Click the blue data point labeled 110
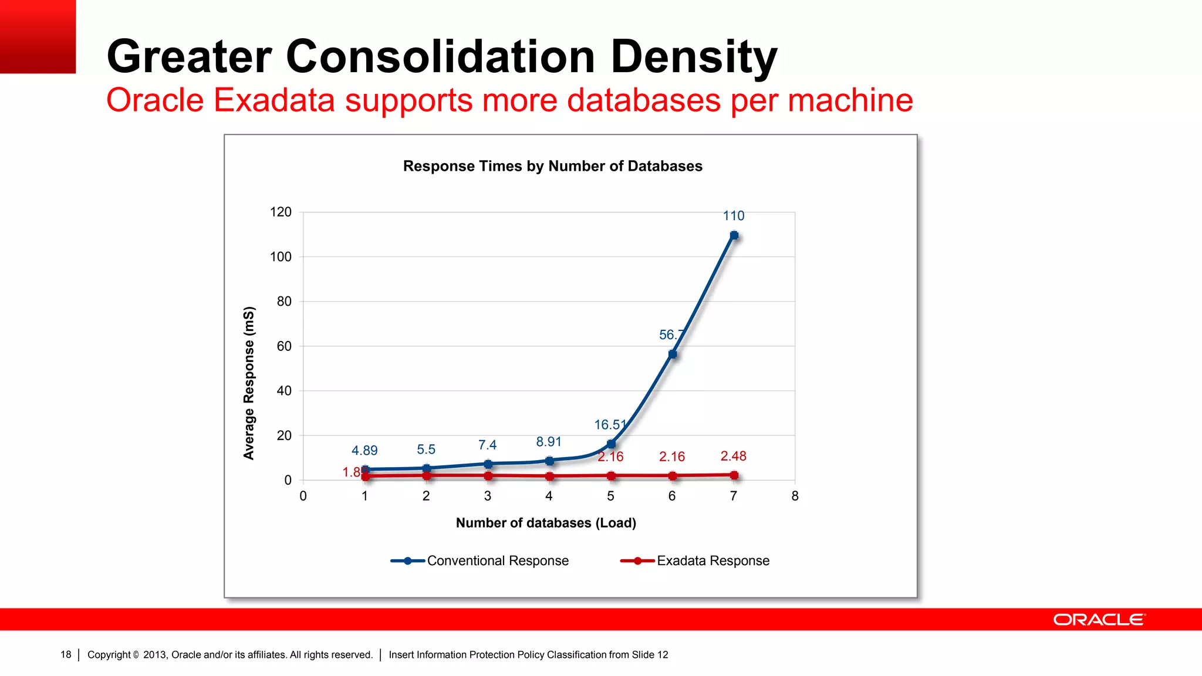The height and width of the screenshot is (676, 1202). (734, 235)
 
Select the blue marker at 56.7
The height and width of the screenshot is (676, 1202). (673, 354)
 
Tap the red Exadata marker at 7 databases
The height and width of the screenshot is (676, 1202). (734, 475)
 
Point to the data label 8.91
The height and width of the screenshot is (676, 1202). (549, 442)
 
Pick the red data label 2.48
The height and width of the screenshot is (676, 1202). (734, 456)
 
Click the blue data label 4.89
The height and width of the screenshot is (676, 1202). (364, 450)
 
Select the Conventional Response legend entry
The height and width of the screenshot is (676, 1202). (480, 561)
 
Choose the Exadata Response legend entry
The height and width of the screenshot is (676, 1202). (695, 561)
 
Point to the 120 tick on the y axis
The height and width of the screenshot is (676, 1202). (281, 212)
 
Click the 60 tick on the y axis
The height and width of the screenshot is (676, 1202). (284, 346)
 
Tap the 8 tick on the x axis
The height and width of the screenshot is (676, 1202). (795, 496)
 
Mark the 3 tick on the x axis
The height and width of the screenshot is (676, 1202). (488, 496)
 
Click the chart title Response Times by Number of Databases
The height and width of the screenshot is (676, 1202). (552, 166)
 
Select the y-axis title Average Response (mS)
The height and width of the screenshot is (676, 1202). (249, 383)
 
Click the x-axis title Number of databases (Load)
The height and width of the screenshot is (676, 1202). (546, 523)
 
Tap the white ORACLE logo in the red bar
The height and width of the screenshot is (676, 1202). (1099, 620)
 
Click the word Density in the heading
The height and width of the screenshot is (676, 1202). (694, 56)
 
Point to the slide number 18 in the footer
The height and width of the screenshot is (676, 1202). (66, 654)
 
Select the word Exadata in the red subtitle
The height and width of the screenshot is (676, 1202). (274, 100)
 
